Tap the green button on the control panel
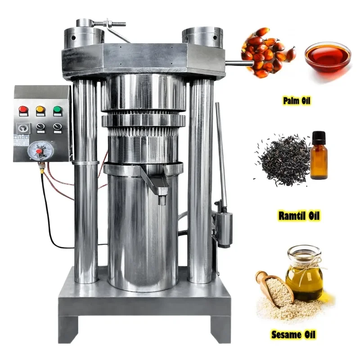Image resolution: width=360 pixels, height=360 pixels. coord(58,110)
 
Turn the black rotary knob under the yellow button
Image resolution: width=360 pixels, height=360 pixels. coord(41,127)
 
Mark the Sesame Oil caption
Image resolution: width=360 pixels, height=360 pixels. coord(293,334)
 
